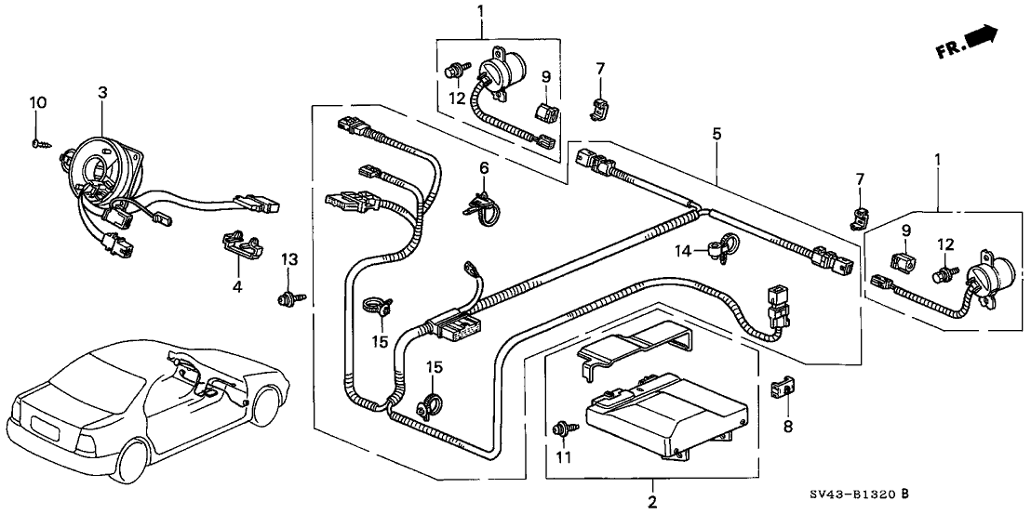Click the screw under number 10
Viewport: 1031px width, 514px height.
click(38, 142)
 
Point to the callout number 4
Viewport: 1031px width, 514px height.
click(237, 286)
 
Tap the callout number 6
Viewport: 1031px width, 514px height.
click(484, 167)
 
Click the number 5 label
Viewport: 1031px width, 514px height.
click(716, 134)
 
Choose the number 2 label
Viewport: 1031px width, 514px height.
click(651, 502)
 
